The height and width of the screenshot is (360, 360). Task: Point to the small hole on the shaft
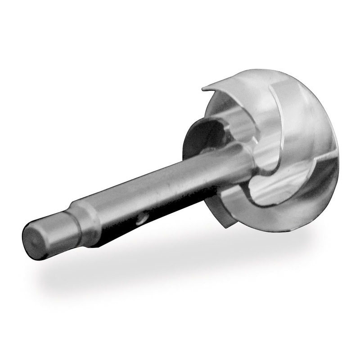coord(141,219)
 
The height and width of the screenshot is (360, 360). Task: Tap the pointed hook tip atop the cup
coord(203,85)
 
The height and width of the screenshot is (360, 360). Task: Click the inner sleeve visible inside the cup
coord(238,121)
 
